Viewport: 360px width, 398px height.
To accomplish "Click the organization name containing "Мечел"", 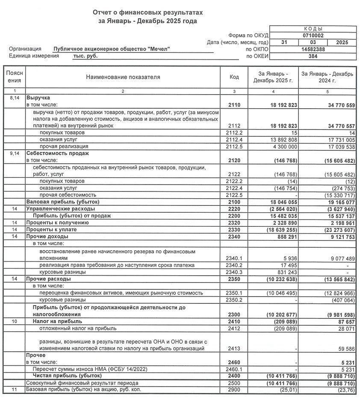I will pos(112,49).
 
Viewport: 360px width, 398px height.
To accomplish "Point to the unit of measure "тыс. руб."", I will pos(85,56).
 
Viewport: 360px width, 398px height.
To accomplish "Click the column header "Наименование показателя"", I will pos(123,77).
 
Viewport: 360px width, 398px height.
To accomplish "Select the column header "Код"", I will pos(234,77).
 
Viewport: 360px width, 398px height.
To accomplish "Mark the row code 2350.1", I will pos(234,293).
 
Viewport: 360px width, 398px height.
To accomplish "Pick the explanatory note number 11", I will pos(14,389).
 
